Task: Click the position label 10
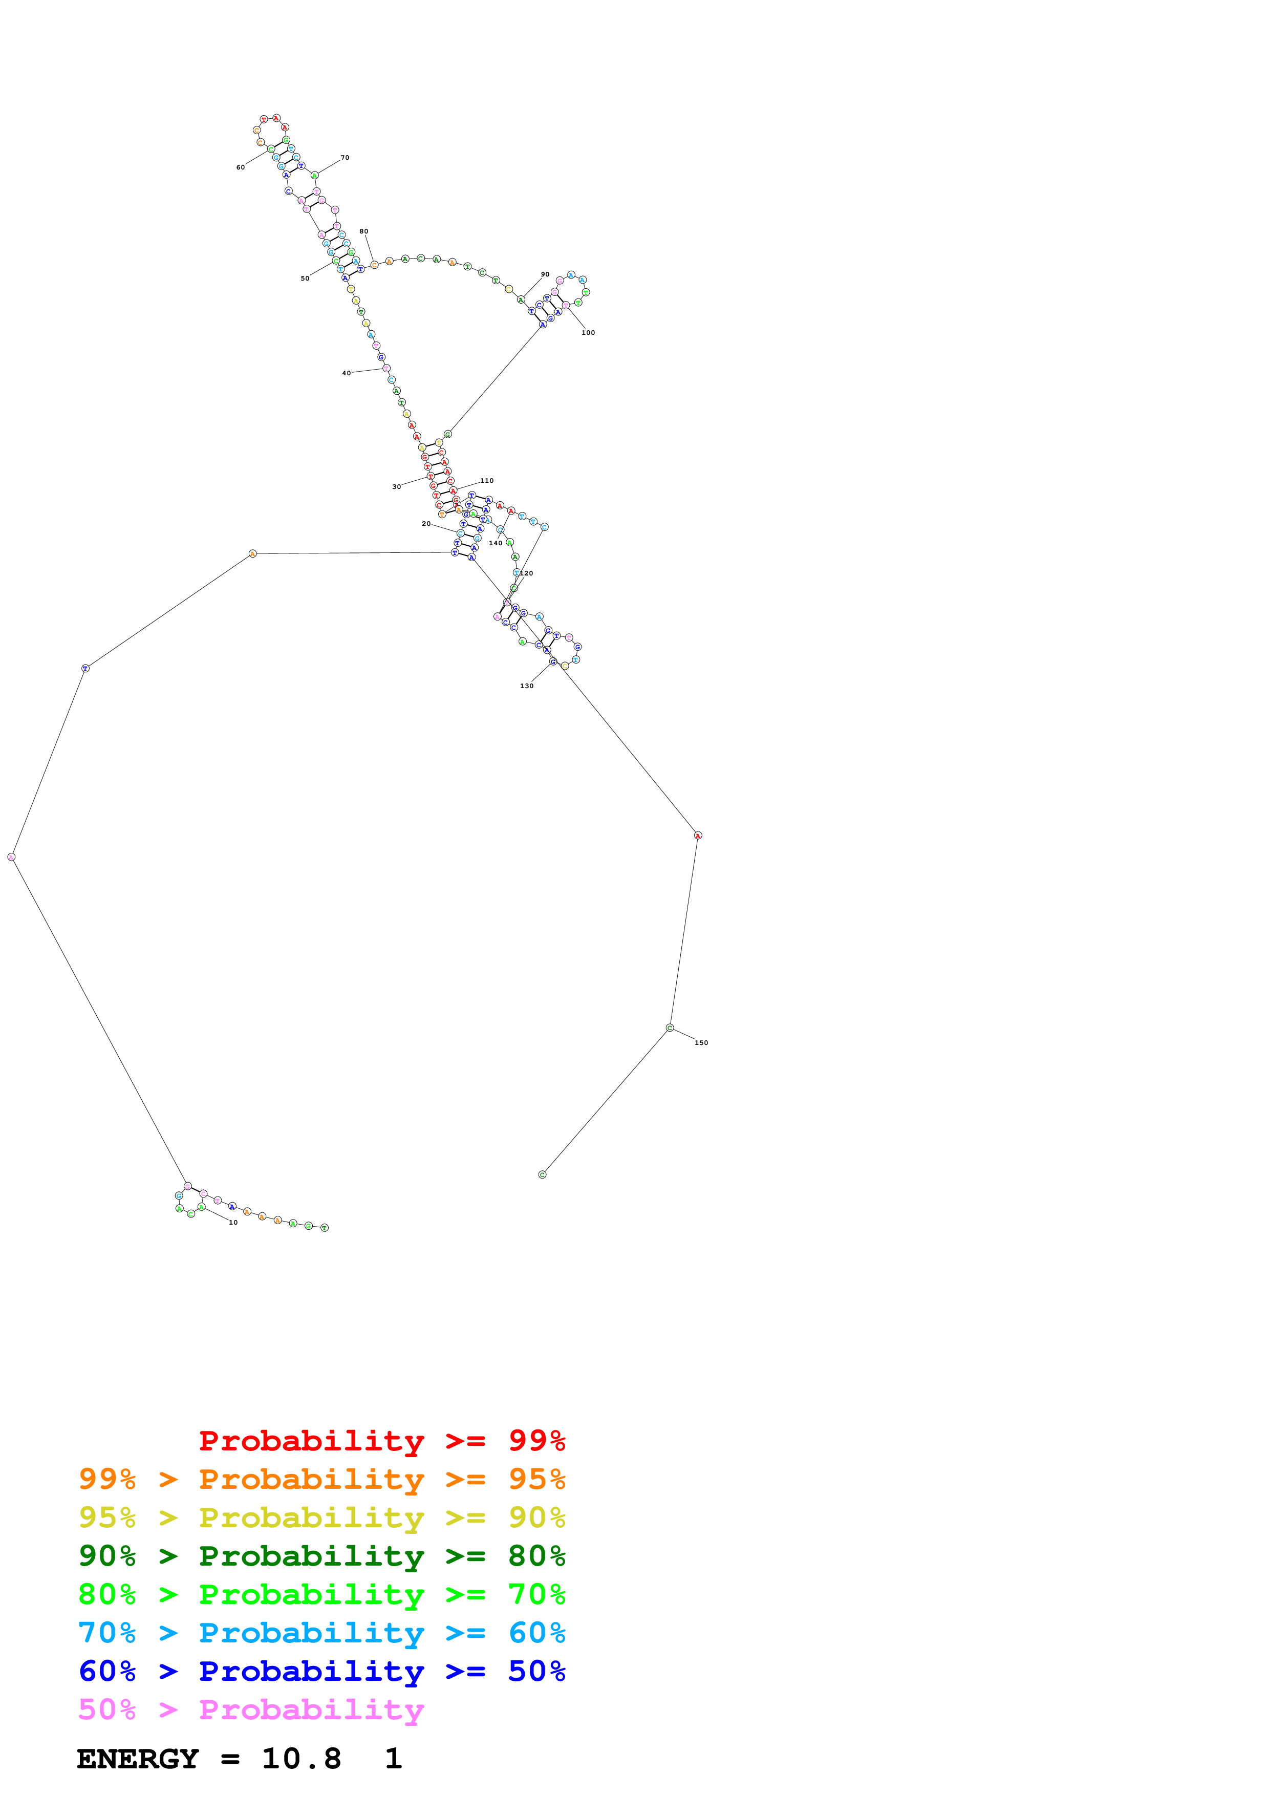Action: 233,1222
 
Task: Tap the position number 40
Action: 347,373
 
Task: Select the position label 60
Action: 241,167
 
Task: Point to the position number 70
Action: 345,158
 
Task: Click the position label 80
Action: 363,231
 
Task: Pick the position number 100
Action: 588,332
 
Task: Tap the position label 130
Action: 527,686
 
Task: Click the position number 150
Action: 701,1043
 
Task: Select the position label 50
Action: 305,279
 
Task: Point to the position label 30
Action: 396,486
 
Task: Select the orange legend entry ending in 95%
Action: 322,1479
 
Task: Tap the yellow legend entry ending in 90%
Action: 322,1517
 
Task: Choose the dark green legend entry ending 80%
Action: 322,1556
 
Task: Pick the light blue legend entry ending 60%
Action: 322,1633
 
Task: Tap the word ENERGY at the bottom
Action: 138,1759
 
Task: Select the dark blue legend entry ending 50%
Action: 322,1671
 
